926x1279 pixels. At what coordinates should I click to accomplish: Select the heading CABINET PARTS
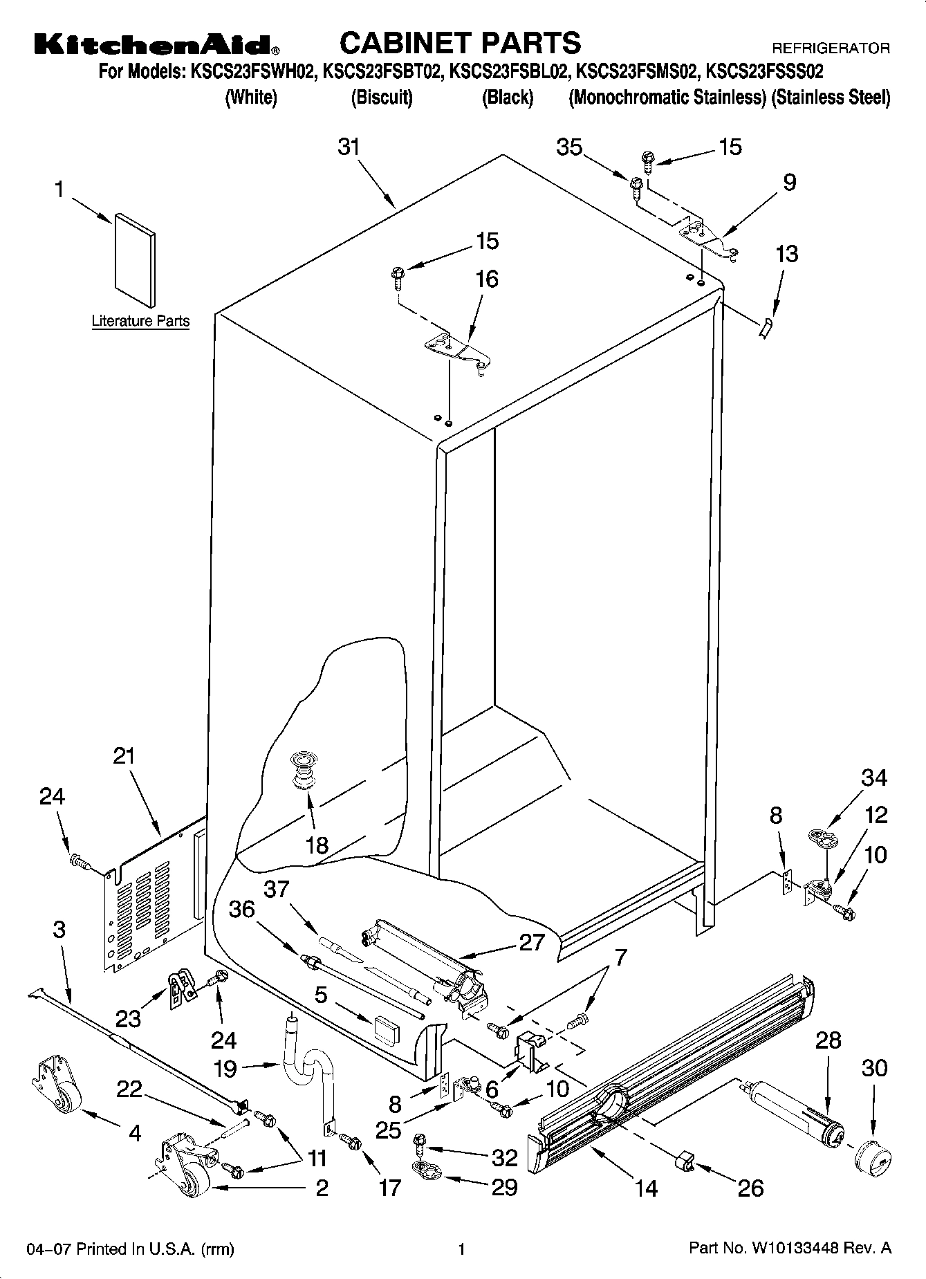(460, 43)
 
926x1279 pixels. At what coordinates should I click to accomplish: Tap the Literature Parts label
(140, 321)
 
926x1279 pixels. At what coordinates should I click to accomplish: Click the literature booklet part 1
(134, 259)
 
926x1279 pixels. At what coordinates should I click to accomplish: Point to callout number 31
(349, 147)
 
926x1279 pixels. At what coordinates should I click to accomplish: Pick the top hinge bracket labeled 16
(456, 351)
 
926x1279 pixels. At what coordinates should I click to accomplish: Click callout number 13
(786, 254)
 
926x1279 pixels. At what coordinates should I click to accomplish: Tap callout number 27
(531, 942)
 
